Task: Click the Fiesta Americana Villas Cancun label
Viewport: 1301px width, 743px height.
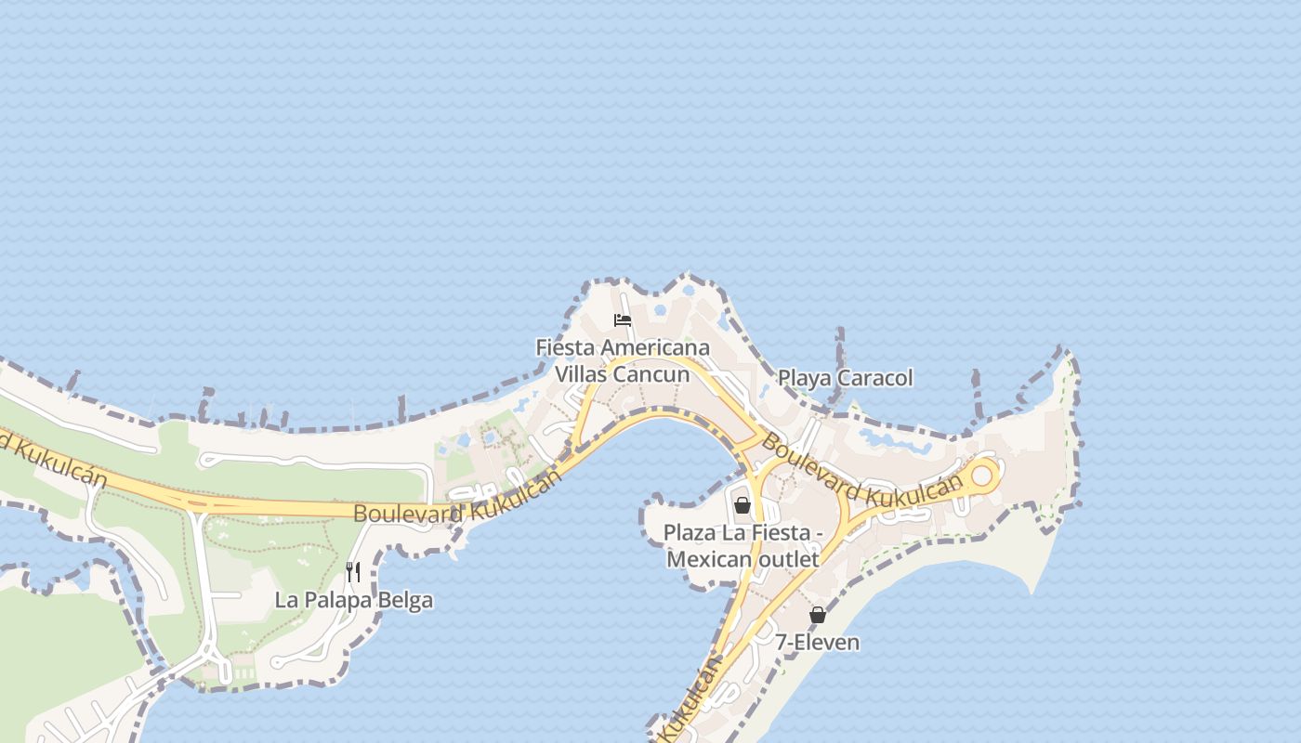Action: [x=623, y=360]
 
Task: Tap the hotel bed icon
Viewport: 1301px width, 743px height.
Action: [x=623, y=320]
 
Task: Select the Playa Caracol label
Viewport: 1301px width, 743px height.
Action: [x=845, y=378]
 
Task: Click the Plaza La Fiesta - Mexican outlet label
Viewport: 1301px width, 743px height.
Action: [x=743, y=546]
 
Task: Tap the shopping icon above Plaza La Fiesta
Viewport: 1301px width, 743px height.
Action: [x=742, y=505]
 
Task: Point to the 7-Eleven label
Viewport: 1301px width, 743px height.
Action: [x=818, y=642]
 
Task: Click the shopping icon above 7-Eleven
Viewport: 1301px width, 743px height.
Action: [x=818, y=615]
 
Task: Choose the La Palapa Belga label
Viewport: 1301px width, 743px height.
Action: [x=353, y=600]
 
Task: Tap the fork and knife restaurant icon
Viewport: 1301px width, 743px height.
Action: [x=353, y=571]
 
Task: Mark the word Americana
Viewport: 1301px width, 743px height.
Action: [x=654, y=347]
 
